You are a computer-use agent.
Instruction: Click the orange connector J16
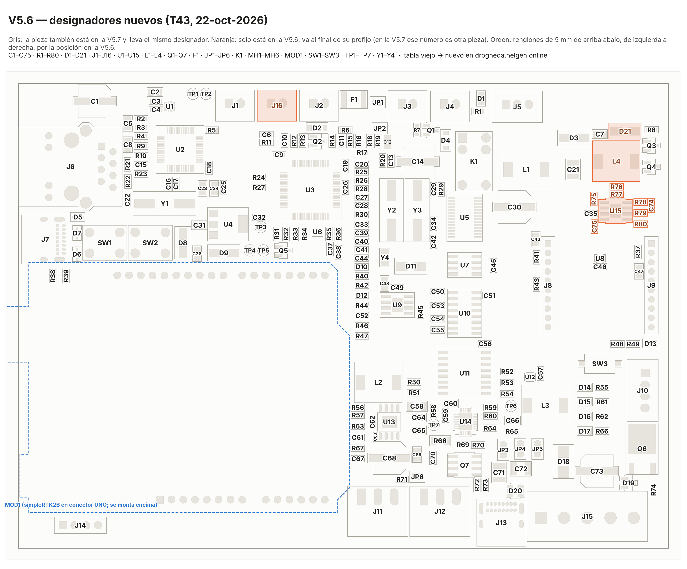(277, 105)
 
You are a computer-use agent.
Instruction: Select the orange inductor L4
(616, 161)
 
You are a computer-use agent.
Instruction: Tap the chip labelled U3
(310, 190)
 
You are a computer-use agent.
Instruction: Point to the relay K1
(474, 161)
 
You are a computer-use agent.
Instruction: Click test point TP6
(511, 406)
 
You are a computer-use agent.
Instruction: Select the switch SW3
(600, 364)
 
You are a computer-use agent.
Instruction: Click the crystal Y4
(385, 258)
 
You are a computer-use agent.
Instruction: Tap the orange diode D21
(625, 131)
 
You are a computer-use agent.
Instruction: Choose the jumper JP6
(417, 477)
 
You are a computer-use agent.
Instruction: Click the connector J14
(80, 525)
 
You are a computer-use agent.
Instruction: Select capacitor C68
(389, 458)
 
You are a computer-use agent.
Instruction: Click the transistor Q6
(642, 449)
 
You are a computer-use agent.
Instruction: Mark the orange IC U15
(615, 211)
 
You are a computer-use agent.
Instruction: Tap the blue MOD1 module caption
(81, 504)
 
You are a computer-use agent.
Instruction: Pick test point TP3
(261, 227)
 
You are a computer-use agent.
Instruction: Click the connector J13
(501, 523)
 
